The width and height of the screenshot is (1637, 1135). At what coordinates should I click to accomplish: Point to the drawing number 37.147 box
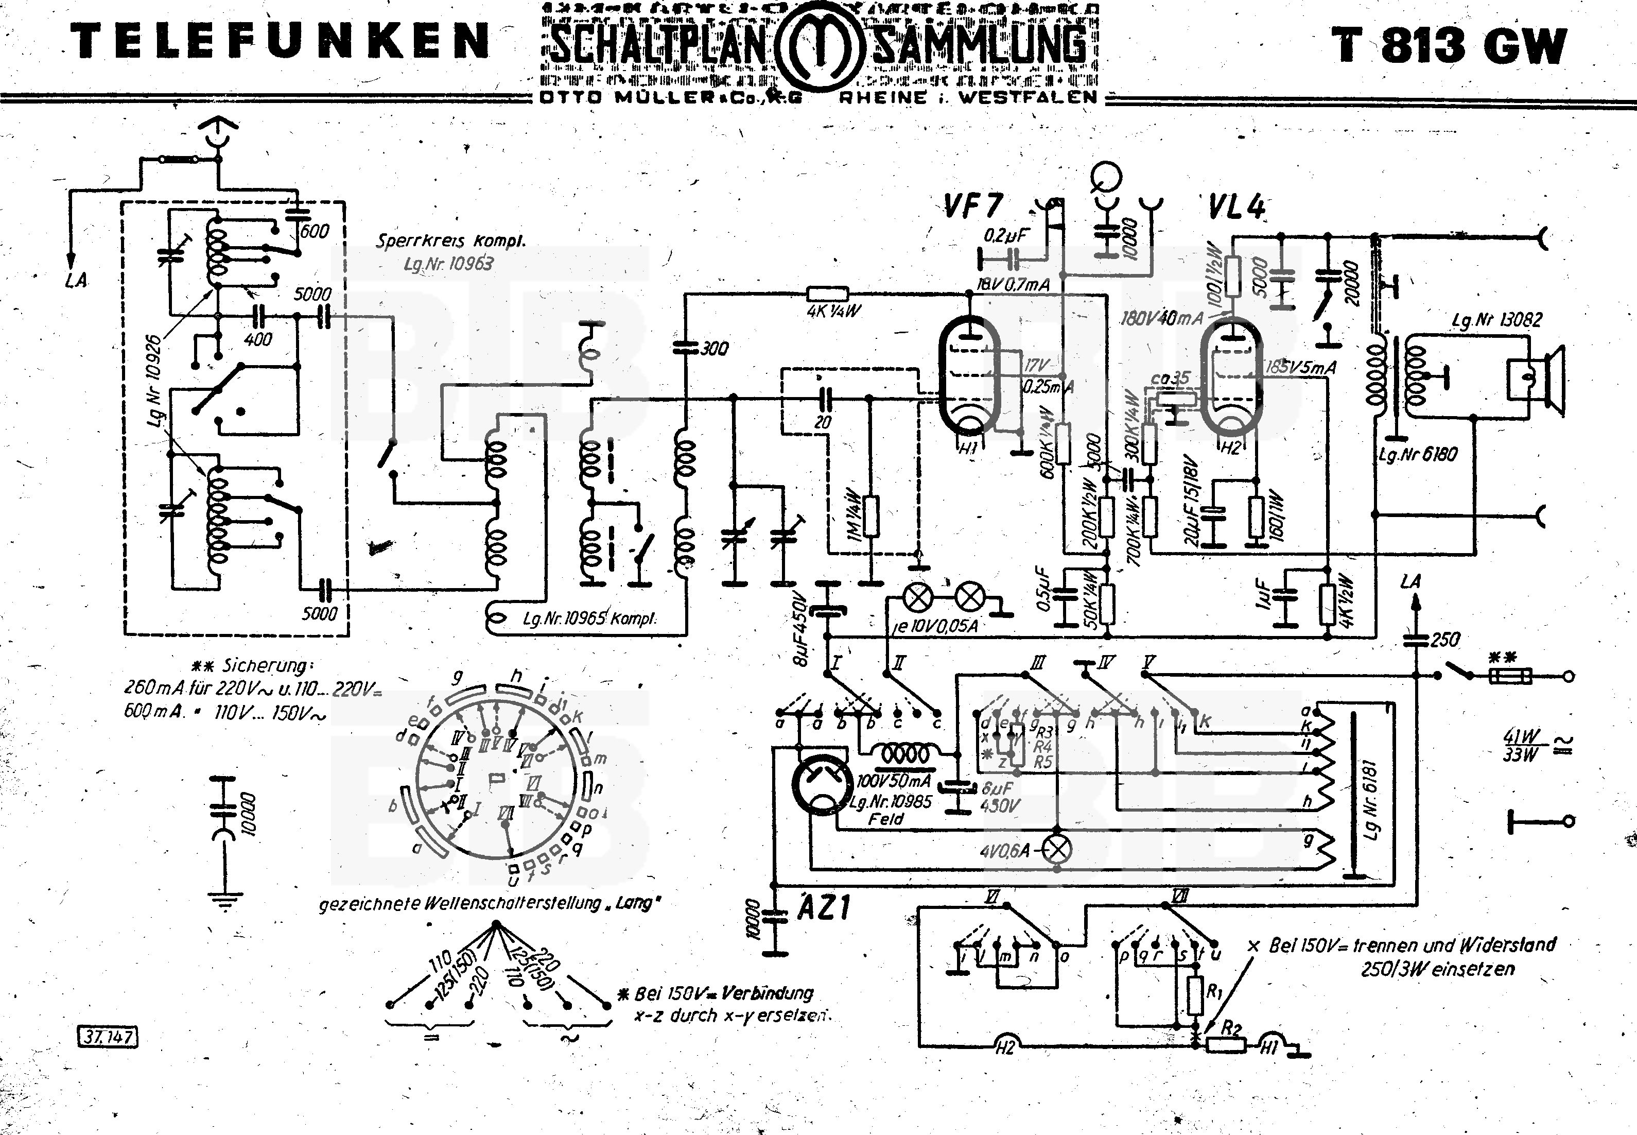pos(107,1037)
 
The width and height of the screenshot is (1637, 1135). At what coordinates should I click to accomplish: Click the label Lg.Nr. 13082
pos(1496,320)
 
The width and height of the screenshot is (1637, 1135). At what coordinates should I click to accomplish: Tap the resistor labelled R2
pos(1225,1044)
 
